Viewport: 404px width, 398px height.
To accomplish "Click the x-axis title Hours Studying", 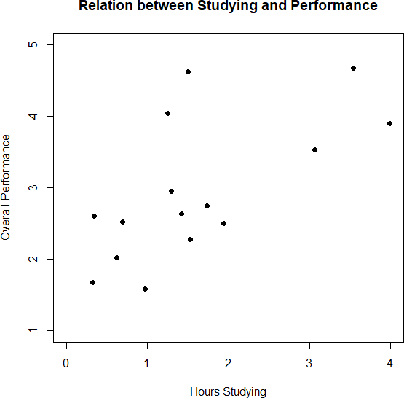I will point(228,391).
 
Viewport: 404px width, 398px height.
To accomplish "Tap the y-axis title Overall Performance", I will point(7,187).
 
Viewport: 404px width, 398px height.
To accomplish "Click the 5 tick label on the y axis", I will point(31,44).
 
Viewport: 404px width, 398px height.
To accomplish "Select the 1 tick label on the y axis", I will point(31,330).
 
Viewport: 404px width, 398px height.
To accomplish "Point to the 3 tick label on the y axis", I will point(31,187).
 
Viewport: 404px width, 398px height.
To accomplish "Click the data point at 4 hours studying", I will point(390,123).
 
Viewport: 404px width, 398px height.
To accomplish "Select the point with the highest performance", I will point(353,68).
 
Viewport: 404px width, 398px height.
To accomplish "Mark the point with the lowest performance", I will point(146,289).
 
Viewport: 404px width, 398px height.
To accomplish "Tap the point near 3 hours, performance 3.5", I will point(314,149).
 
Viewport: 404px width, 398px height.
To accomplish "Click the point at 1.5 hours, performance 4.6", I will point(188,71).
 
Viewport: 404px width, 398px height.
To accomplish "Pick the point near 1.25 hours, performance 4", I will point(167,113).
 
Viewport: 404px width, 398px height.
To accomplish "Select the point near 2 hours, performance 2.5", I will point(223,223).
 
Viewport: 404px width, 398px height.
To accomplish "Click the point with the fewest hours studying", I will point(92,282).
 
